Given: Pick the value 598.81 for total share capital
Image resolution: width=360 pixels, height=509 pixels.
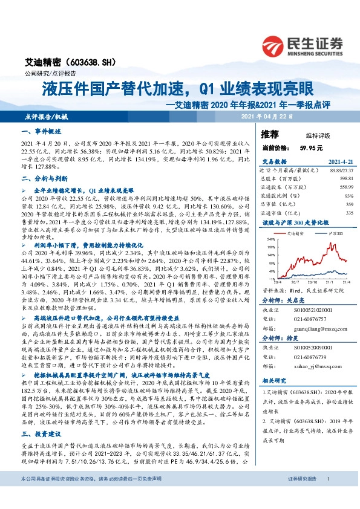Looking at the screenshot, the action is tap(344, 179).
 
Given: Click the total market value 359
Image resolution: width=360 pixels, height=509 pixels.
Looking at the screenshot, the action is tap(349, 204).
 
